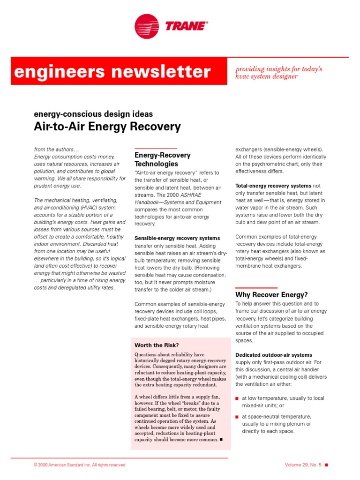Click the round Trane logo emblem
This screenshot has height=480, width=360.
point(147,25)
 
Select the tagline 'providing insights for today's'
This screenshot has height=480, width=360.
point(279,69)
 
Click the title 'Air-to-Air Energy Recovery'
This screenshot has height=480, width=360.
point(107,127)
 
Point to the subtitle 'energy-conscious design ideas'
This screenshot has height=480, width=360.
point(93,114)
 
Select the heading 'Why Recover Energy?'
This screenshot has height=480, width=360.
point(271,295)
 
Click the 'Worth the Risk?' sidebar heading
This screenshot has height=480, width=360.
point(157,345)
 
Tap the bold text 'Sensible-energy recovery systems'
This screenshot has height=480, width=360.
point(177,238)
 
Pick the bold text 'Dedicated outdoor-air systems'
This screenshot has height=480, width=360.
point(273,355)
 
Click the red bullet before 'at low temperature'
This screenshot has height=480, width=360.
point(237,398)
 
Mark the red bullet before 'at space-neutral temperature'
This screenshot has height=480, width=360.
point(237,416)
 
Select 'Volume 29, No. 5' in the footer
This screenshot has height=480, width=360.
point(303,465)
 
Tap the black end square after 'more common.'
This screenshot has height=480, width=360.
point(221,440)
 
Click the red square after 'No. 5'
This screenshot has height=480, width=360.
point(327,465)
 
